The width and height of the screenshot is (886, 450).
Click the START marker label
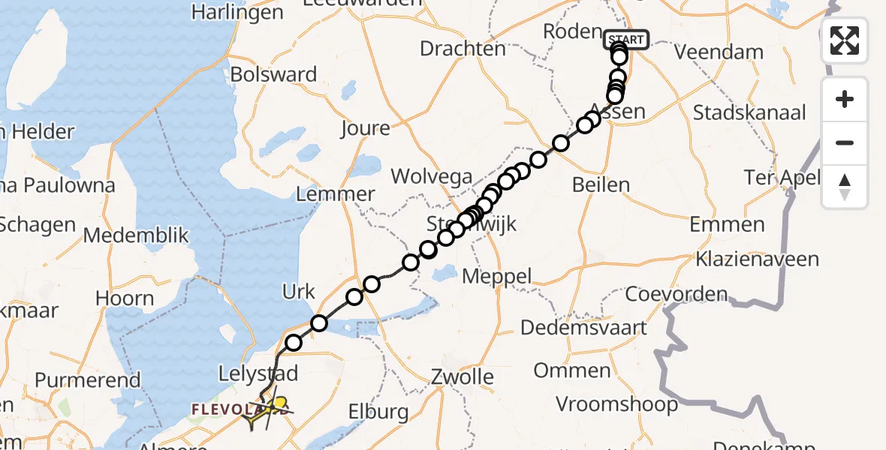625,40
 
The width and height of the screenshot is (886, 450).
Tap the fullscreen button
845,40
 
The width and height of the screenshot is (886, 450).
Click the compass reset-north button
845,187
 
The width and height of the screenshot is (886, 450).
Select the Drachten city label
463,49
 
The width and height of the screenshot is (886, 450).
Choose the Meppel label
496,276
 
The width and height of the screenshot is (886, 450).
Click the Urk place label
299,292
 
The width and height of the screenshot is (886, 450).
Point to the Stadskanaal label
749,113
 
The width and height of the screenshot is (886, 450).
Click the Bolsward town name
274,75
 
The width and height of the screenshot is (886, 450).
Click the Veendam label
719,52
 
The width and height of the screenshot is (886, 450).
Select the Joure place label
365,128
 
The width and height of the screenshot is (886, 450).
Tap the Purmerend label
87,379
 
